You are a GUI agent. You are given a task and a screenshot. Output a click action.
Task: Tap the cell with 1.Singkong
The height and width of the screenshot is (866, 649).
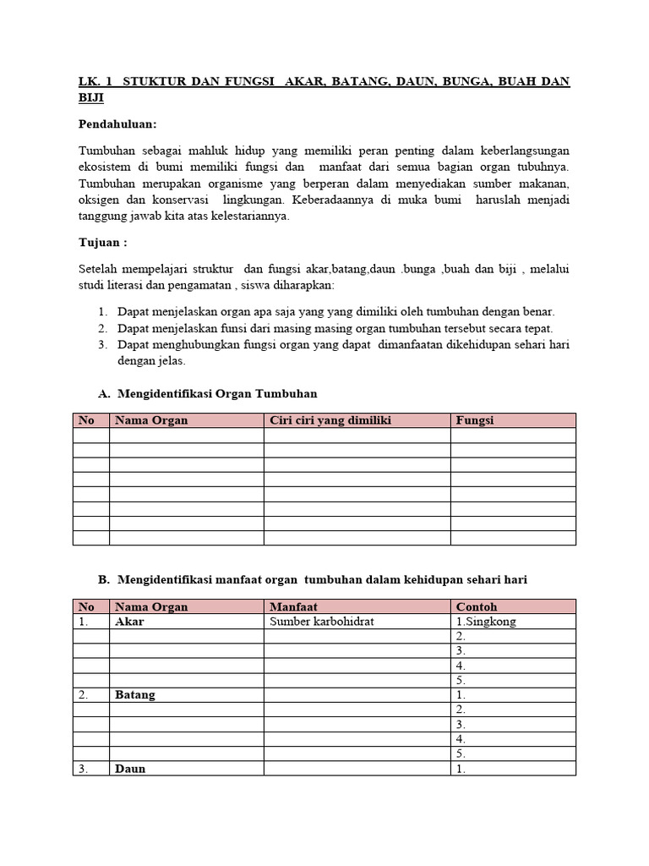click(x=486, y=622)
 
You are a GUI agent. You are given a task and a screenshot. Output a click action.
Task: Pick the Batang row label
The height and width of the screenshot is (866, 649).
click(x=135, y=695)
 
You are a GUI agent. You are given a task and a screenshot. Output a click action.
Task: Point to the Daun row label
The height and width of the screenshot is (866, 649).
click(x=130, y=769)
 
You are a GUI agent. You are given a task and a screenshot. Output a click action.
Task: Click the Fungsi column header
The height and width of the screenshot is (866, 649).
click(x=475, y=420)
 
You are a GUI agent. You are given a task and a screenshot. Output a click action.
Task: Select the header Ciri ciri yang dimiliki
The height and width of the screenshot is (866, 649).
click(x=330, y=420)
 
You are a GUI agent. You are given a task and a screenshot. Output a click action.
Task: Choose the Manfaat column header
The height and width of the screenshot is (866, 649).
click(x=293, y=606)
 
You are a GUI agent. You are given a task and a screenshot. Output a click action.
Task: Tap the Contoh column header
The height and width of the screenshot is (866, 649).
click(x=477, y=606)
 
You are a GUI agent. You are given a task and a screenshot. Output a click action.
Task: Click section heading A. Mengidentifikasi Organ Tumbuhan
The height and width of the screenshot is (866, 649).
click(x=208, y=393)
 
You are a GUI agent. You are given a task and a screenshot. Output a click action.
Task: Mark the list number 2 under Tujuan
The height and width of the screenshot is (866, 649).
click(x=102, y=328)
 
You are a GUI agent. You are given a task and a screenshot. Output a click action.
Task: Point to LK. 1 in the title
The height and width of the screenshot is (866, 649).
click(x=95, y=81)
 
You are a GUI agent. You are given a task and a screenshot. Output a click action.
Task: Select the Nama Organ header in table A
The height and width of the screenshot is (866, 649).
click(x=151, y=420)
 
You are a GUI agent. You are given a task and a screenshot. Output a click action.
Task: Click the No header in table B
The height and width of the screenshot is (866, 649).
click(x=86, y=606)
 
